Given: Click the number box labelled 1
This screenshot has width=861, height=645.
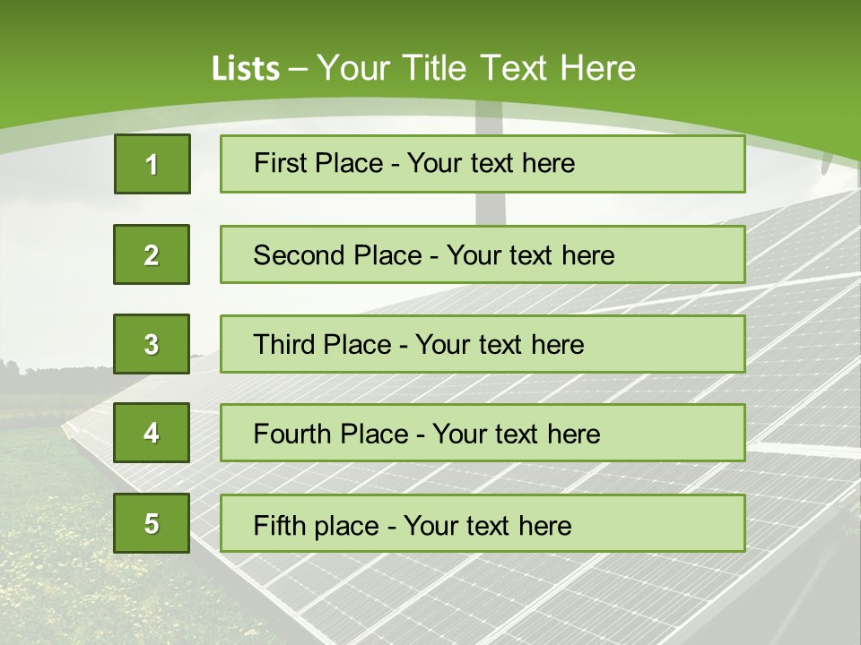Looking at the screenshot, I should point(152,164).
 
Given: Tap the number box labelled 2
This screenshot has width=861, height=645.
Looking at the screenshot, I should point(152,254).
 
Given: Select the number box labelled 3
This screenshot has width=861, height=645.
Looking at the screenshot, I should point(152,344).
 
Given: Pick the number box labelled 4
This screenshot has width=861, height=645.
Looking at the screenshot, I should point(152,433).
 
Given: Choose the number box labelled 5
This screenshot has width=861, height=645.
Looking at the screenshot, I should point(152,523).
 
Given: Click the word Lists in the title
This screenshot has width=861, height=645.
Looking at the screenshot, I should point(246,69).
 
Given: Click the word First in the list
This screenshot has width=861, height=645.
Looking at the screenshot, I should point(280,163).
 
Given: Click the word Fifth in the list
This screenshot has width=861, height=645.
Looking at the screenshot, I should point(278,525).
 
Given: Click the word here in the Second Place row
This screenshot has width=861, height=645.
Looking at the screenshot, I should point(588,255).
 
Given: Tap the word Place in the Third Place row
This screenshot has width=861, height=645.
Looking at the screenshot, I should point(358,345).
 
